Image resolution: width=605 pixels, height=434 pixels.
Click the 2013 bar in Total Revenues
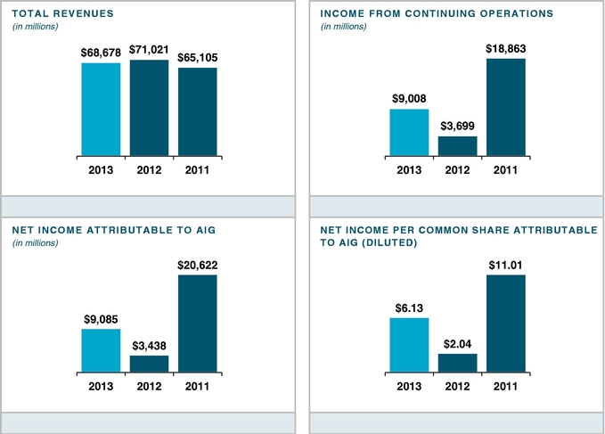coord(101,110)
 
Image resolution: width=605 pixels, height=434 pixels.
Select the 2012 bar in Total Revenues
coord(149,108)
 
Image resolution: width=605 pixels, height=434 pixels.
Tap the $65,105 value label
coord(198,58)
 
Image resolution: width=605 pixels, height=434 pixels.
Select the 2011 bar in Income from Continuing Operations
coord(505,107)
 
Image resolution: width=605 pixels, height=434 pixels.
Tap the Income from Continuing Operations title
coord(436,13)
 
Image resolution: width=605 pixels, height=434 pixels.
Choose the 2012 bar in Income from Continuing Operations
coord(457,146)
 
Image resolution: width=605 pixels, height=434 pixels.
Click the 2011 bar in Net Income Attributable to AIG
coord(198,323)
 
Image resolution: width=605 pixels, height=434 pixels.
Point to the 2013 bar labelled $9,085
coord(101,349)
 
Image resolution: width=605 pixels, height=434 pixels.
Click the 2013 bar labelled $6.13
coord(409,344)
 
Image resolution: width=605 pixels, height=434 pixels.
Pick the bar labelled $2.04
coord(457,362)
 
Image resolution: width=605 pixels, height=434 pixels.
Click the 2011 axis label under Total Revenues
coord(198,169)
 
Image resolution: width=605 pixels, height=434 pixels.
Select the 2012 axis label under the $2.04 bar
coord(457,385)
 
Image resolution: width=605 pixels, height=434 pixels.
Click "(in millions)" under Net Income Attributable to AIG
coord(35,243)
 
